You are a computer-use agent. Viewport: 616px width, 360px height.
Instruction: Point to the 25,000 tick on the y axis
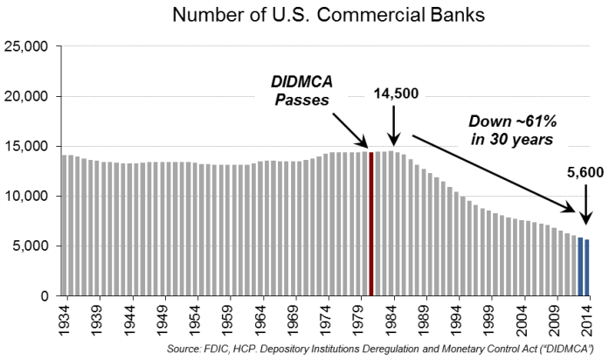click(29, 46)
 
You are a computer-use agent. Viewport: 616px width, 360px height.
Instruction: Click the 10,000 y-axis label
click(29, 197)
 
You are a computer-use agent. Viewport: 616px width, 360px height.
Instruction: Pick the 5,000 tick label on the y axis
click(32, 246)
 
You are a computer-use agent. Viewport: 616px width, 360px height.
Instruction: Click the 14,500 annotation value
click(398, 92)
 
